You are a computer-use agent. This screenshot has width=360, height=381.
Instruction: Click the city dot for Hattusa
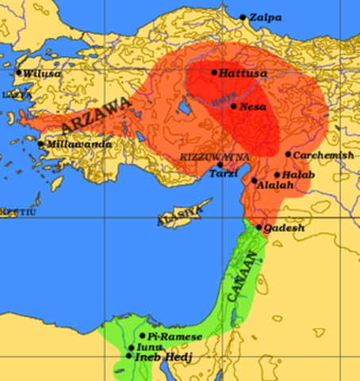pos(214,72)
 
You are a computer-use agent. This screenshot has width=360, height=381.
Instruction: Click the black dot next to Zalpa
pos(243,17)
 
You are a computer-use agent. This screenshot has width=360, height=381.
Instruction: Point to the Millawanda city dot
pos(41,144)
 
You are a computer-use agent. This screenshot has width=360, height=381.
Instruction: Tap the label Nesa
pos(253,106)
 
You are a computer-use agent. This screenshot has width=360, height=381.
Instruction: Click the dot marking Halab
pos(277,175)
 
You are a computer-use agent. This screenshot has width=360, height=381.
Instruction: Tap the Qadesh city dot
pos(259,227)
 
